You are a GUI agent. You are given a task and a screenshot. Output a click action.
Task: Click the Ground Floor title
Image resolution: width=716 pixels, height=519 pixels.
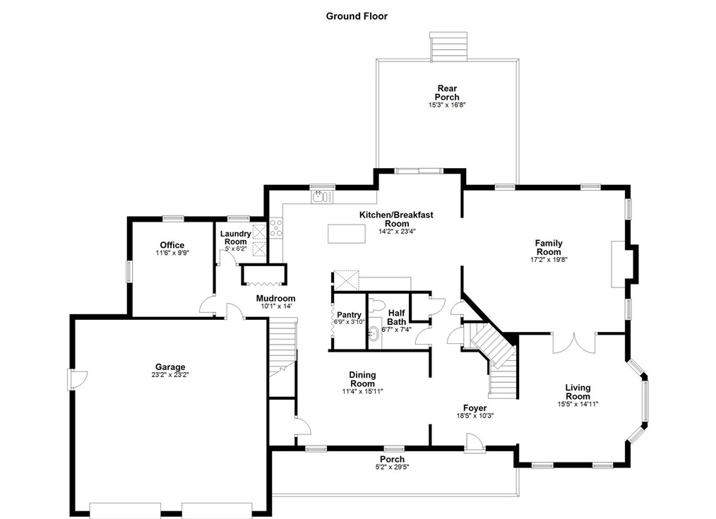[x=357, y=16]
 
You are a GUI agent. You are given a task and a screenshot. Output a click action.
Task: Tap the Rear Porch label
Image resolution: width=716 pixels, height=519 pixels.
[x=447, y=93]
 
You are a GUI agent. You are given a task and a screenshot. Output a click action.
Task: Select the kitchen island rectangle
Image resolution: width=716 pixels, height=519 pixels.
[x=347, y=234]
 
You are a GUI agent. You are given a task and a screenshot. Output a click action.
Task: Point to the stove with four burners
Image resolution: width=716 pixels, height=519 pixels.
[x=276, y=228]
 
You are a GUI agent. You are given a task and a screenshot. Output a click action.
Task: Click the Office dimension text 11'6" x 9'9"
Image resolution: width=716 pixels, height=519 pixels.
[x=172, y=252]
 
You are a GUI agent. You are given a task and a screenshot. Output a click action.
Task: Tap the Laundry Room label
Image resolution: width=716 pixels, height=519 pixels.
[x=236, y=237]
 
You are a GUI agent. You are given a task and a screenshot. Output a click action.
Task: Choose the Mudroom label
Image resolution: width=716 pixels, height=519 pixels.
[x=276, y=299]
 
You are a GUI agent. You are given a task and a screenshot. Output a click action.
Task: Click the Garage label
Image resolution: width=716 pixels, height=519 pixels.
[x=170, y=366]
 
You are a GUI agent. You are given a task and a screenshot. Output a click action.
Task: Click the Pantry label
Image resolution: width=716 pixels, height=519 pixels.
[x=349, y=314]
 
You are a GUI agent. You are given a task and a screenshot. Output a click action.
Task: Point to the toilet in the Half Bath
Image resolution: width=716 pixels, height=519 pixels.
[x=376, y=304]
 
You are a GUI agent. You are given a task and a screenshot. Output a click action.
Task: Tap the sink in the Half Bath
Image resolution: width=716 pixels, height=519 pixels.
[x=374, y=334]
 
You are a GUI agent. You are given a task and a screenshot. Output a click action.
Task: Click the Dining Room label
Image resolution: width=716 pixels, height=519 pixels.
[x=362, y=379]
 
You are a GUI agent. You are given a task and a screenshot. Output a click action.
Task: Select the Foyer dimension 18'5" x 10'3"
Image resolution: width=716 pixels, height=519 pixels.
[x=475, y=416]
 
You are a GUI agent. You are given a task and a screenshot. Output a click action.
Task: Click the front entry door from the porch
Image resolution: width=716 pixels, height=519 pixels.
[x=475, y=443]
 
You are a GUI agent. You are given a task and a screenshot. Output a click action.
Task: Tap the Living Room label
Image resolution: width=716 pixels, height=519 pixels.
[x=578, y=392]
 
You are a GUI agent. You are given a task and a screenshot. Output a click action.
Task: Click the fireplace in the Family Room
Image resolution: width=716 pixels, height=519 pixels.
[x=619, y=264]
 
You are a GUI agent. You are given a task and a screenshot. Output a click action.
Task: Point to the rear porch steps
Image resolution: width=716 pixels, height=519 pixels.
[x=448, y=46]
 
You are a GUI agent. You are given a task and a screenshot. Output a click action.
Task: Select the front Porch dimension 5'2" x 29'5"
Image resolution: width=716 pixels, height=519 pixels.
[x=393, y=467]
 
